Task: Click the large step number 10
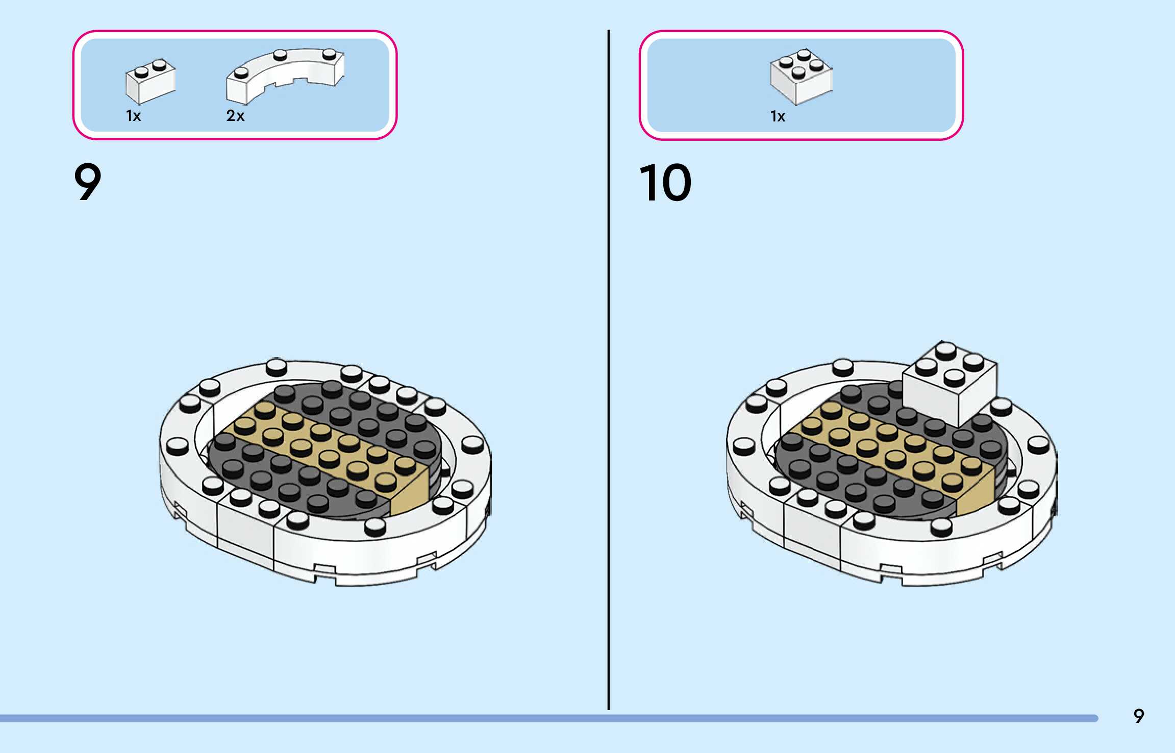pos(665,183)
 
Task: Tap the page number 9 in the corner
pos(1138,716)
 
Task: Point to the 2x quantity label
pos(235,116)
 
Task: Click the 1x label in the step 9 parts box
pos(133,116)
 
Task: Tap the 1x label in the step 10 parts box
pos(778,116)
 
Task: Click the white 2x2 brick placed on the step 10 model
pos(949,388)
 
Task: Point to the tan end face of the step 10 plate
pos(976,492)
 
